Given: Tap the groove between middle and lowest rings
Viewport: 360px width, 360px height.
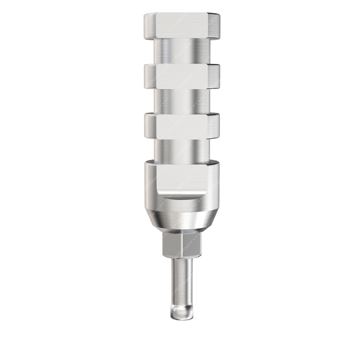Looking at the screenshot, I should (x=182, y=101).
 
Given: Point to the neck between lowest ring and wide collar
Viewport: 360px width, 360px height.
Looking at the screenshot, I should (x=182, y=149).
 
